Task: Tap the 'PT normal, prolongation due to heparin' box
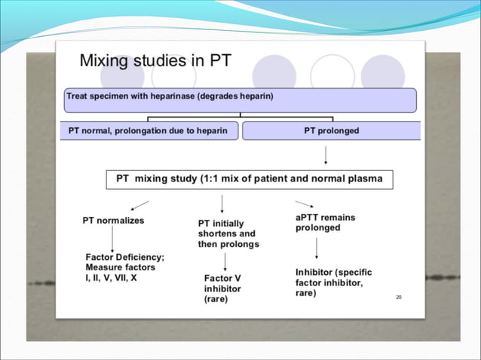tap(149, 130)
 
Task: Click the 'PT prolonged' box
tap(331, 130)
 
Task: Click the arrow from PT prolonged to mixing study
tap(325, 155)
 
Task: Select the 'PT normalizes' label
tap(113, 221)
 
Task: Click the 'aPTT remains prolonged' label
tap(325, 222)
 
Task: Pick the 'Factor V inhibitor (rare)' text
tap(223, 288)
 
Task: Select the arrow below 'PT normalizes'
tap(112, 239)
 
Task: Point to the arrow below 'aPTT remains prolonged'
tap(316, 248)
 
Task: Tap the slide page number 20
tap(398, 297)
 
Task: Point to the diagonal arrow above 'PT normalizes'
tap(139, 205)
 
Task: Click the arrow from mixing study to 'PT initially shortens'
tap(222, 203)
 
